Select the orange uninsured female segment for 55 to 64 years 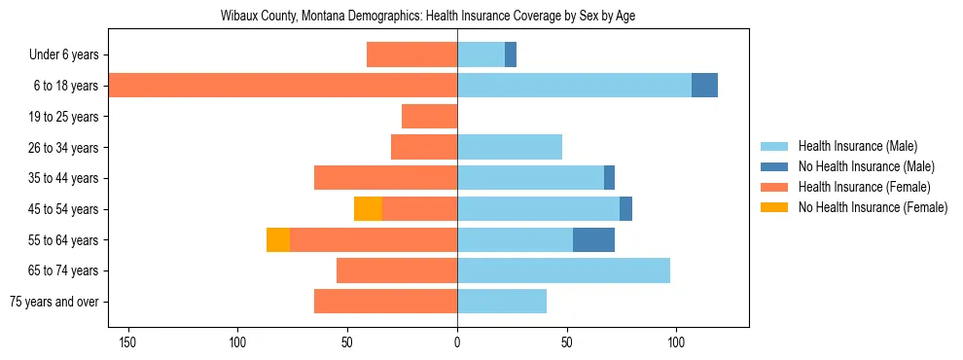(x=278, y=239)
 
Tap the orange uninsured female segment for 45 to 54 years (x=368, y=208)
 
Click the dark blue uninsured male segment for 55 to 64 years (x=593, y=239)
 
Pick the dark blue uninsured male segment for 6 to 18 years (x=704, y=86)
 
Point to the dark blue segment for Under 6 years (x=511, y=54)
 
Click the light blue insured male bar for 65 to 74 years (x=563, y=270)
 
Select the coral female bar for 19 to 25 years (x=429, y=117)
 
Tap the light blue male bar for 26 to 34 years (x=510, y=147)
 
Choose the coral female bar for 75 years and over (x=385, y=302)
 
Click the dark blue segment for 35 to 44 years (x=609, y=178)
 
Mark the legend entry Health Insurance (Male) (x=857, y=146)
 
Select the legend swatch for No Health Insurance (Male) (x=774, y=166)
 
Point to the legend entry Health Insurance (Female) (x=864, y=187)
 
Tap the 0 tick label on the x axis (x=457, y=342)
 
